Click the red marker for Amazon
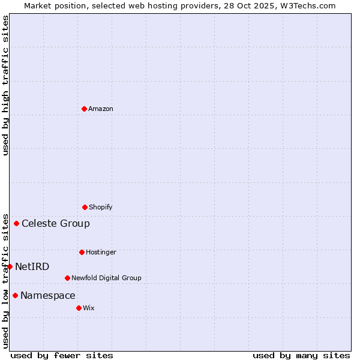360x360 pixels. tap(84, 109)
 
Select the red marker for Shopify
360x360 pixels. tap(85, 207)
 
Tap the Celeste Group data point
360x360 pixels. tap(16, 224)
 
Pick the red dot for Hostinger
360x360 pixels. tap(82, 252)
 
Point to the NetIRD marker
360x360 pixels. tap(10, 266)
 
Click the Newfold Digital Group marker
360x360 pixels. tap(67, 278)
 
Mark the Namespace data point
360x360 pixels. tap(15, 295)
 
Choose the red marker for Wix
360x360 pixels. tap(79, 308)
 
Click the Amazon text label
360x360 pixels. tap(101, 109)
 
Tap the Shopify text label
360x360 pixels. tap(101, 207)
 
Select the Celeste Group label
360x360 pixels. tap(56, 224)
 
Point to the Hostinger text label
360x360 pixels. tap(101, 252)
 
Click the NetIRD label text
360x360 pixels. tap(32, 266)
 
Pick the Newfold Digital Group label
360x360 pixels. tap(106, 278)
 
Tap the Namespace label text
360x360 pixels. tap(48, 295)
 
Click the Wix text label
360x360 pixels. tap(89, 308)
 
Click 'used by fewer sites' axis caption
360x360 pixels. tap(62, 355)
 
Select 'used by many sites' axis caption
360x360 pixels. tap(301, 355)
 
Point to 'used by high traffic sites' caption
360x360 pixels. tap(5, 85)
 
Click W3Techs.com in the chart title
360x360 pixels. tap(306, 5)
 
